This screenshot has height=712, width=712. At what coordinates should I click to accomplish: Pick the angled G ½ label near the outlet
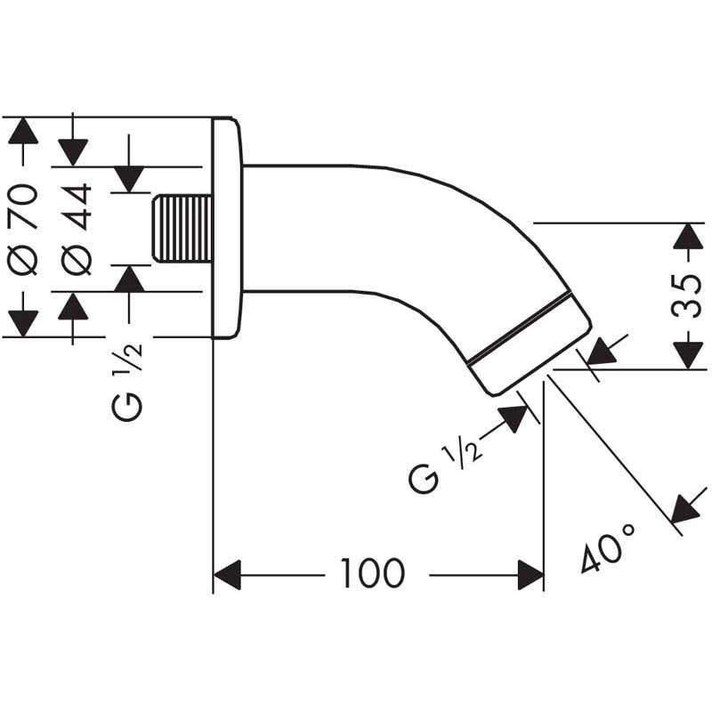pyautogui.click(x=446, y=467)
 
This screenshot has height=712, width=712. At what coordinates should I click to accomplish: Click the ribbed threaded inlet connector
pyautogui.click(x=182, y=228)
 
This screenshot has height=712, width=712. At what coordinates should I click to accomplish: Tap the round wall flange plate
pyautogui.click(x=226, y=228)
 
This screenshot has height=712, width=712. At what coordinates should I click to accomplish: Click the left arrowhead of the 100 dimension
pyautogui.click(x=227, y=575)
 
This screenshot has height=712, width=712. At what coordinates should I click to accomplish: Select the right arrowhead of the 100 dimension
pyautogui.click(x=530, y=575)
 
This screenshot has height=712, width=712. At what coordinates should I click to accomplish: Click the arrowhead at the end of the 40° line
pyautogui.click(x=684, y=508)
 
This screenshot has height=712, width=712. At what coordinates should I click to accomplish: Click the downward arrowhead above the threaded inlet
pyautogui.click(x=130, y=178)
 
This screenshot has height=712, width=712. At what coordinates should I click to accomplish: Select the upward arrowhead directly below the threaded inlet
pyautogui.click(x=130, y=279)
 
